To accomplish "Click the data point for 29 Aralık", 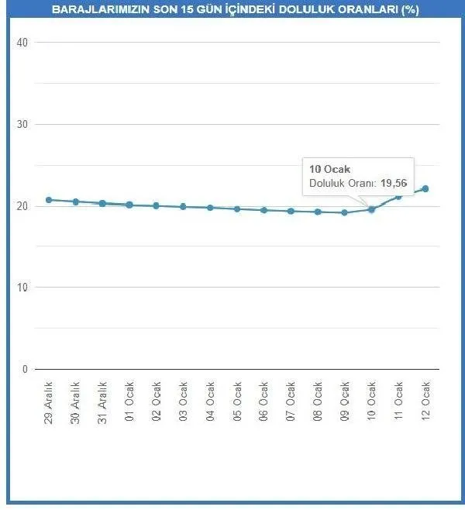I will pos(49,200).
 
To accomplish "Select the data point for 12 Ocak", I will pos(425,188).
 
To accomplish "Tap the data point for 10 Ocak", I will pos(371,209).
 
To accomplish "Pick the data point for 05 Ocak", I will pos(237,209).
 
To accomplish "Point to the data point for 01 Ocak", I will pos(129,205).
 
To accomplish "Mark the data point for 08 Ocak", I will pos(318,212).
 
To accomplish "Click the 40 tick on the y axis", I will pos(22,43).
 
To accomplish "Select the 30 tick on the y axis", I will pos(22,124).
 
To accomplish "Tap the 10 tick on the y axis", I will pos(22,288).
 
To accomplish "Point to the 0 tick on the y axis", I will pos(25,369).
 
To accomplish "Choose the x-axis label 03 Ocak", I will pos(183,400).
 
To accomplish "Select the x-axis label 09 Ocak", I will pos(345,400).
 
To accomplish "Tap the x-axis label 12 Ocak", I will pos(425,400).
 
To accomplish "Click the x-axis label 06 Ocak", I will pos(264,400).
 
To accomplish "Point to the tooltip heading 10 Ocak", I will pos(325,170).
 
